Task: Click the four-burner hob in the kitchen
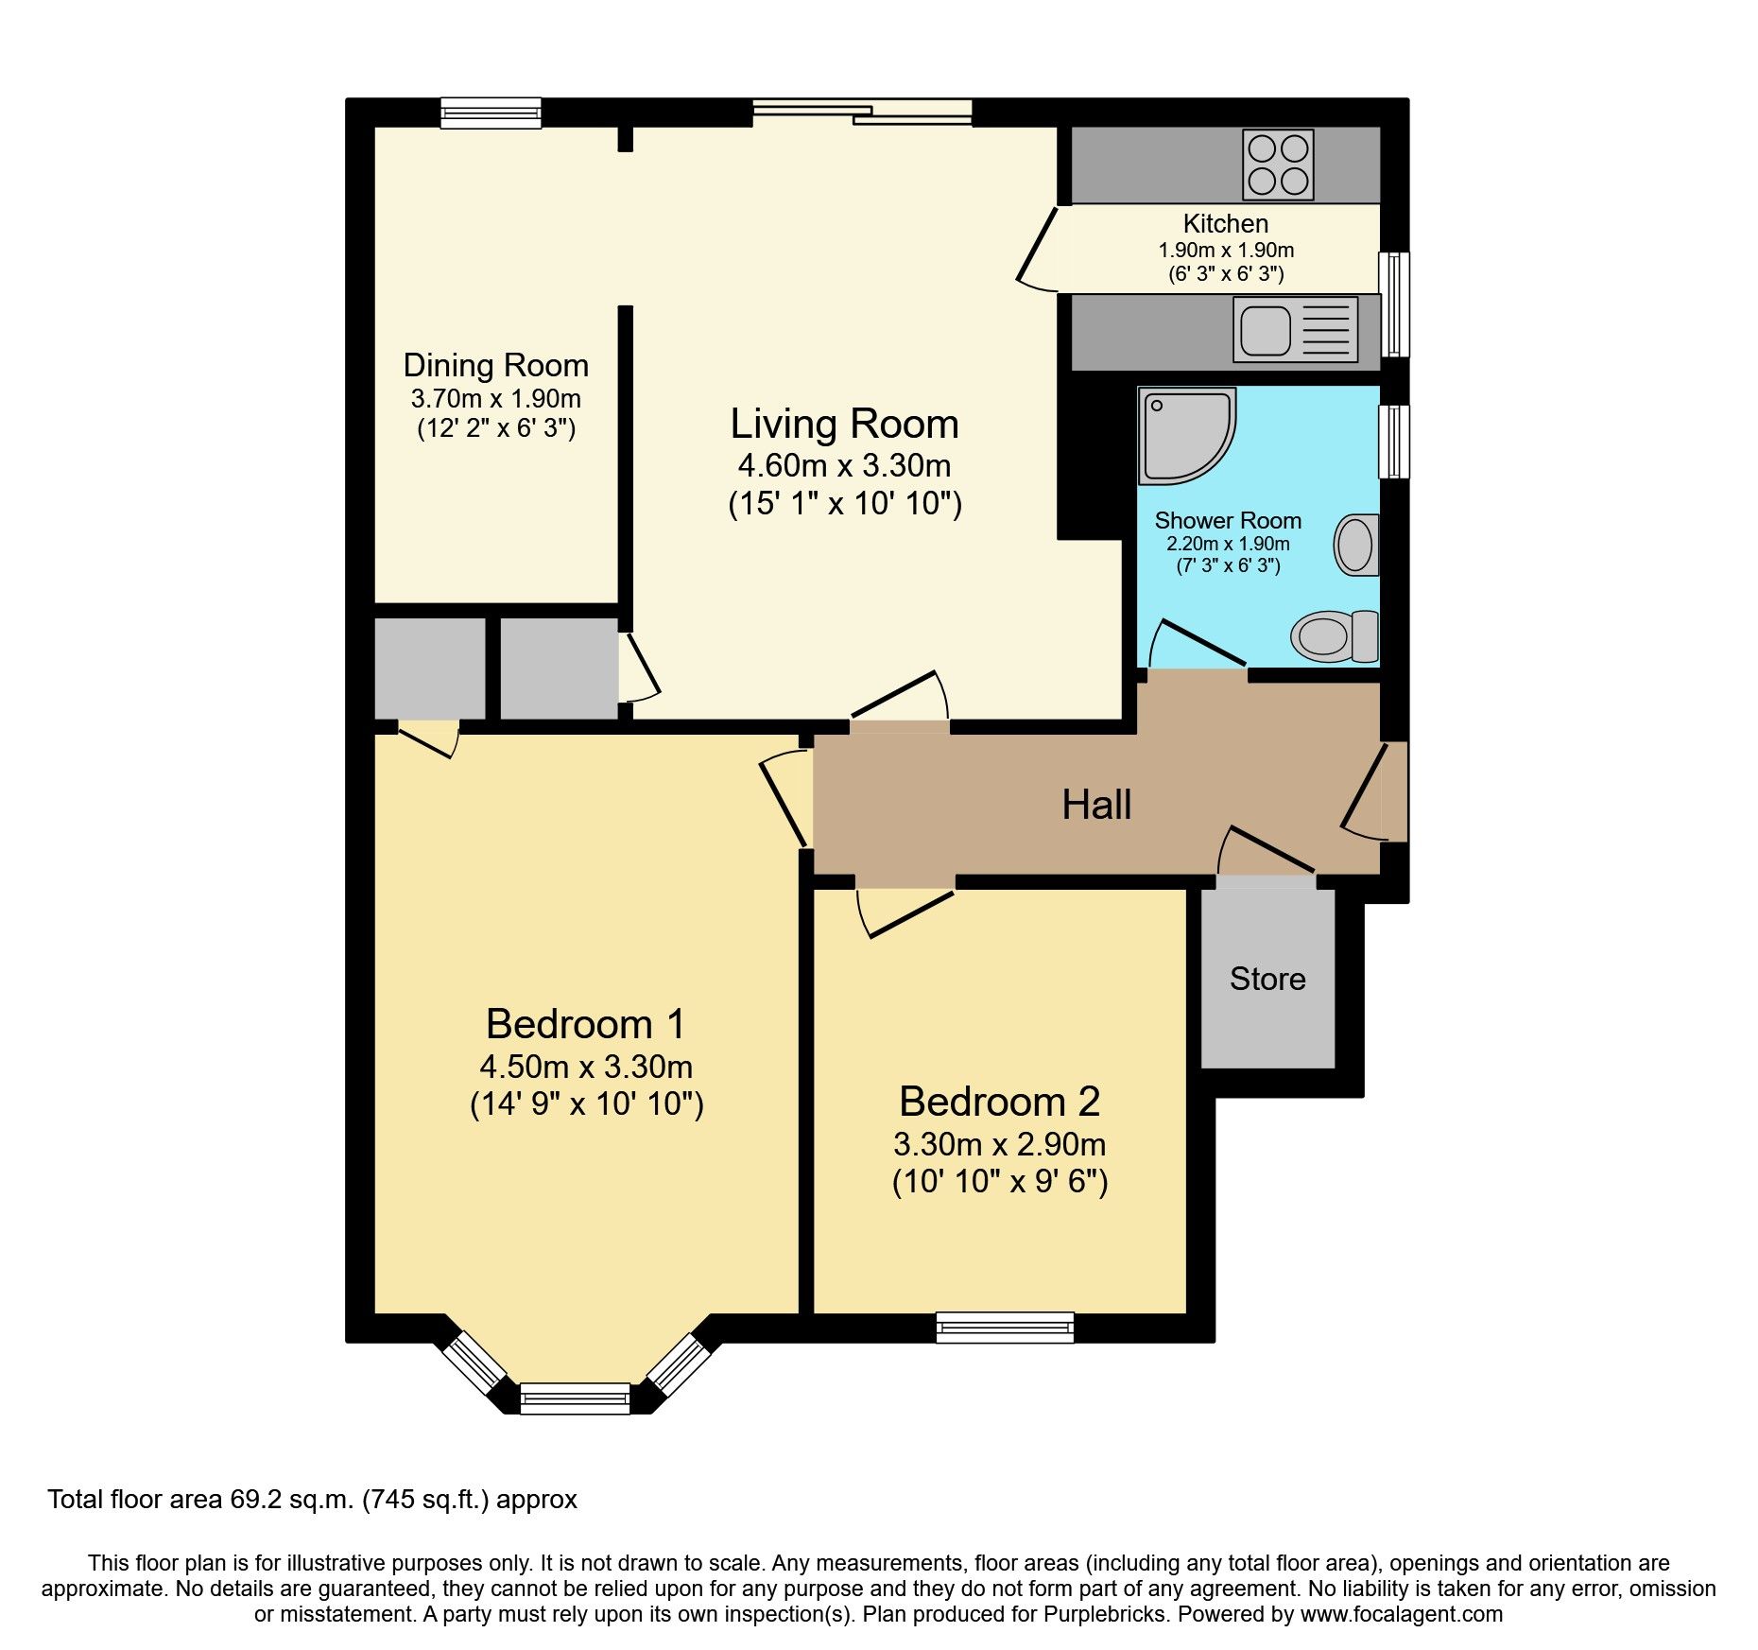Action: click(1278, 165)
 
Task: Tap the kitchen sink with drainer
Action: click(1295, 330)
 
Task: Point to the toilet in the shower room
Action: click(1336, 636)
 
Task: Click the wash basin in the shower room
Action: click(1356, 546)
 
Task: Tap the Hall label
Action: click(1096, 806)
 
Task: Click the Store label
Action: click(1267, 980)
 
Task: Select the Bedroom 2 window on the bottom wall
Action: click(1005, 1327)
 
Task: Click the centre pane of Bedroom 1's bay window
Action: click(575, 1398)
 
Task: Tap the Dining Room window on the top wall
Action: click(491, 113)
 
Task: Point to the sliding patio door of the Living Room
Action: click(862, 113)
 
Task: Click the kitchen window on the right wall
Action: click(1394, 304)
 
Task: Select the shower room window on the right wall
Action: click(1394, 442)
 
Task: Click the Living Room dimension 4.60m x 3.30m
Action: click(844, 466)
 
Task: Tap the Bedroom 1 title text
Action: click(585, 1024)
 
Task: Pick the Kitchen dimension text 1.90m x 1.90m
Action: click(1226, 251)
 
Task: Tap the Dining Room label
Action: click(495, 366)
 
